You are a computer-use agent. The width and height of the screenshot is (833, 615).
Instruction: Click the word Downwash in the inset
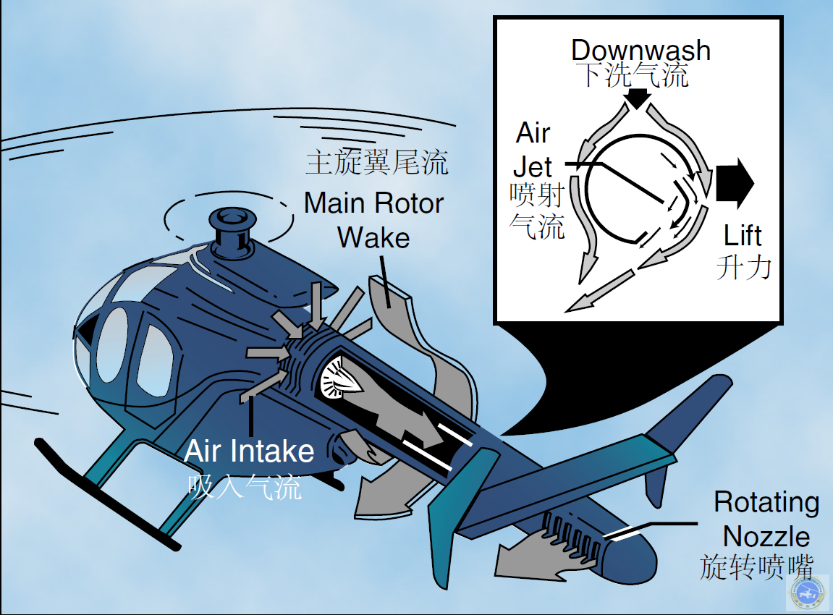click(640, 51)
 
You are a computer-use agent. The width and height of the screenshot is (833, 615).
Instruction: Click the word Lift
click(743, 236)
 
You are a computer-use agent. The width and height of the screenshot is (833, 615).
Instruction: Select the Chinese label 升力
click(744, 267)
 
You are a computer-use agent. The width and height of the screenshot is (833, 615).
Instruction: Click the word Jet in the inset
click(533, 167)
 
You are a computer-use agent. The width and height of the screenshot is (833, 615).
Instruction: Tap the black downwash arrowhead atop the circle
click(636, 98)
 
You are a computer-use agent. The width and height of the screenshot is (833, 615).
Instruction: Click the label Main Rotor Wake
click(373, 220)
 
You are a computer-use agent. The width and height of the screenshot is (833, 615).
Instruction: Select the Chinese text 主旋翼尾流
click(377, 162)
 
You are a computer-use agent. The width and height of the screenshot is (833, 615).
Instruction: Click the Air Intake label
click(249, 451)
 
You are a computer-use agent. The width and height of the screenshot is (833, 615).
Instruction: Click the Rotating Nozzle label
click(766, 519)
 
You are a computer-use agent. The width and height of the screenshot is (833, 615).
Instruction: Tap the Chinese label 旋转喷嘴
click(756, 567)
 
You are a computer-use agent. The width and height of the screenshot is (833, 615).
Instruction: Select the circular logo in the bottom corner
click(808, 594)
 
